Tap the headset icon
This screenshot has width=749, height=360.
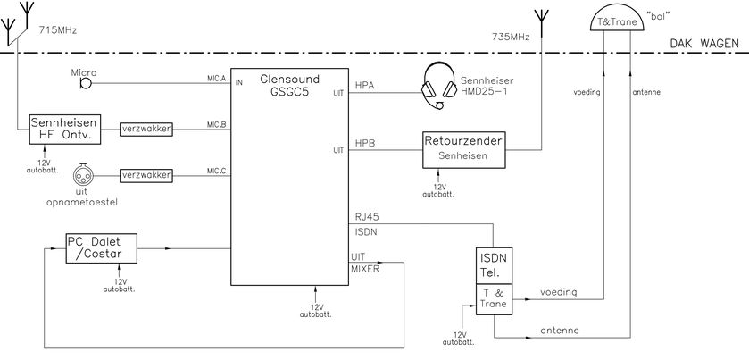(x=438, y=92)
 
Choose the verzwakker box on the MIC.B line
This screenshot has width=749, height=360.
(x=146, y=129)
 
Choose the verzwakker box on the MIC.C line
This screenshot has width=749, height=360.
(x=146, y=174)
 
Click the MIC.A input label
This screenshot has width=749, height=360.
(x=215, y=79)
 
